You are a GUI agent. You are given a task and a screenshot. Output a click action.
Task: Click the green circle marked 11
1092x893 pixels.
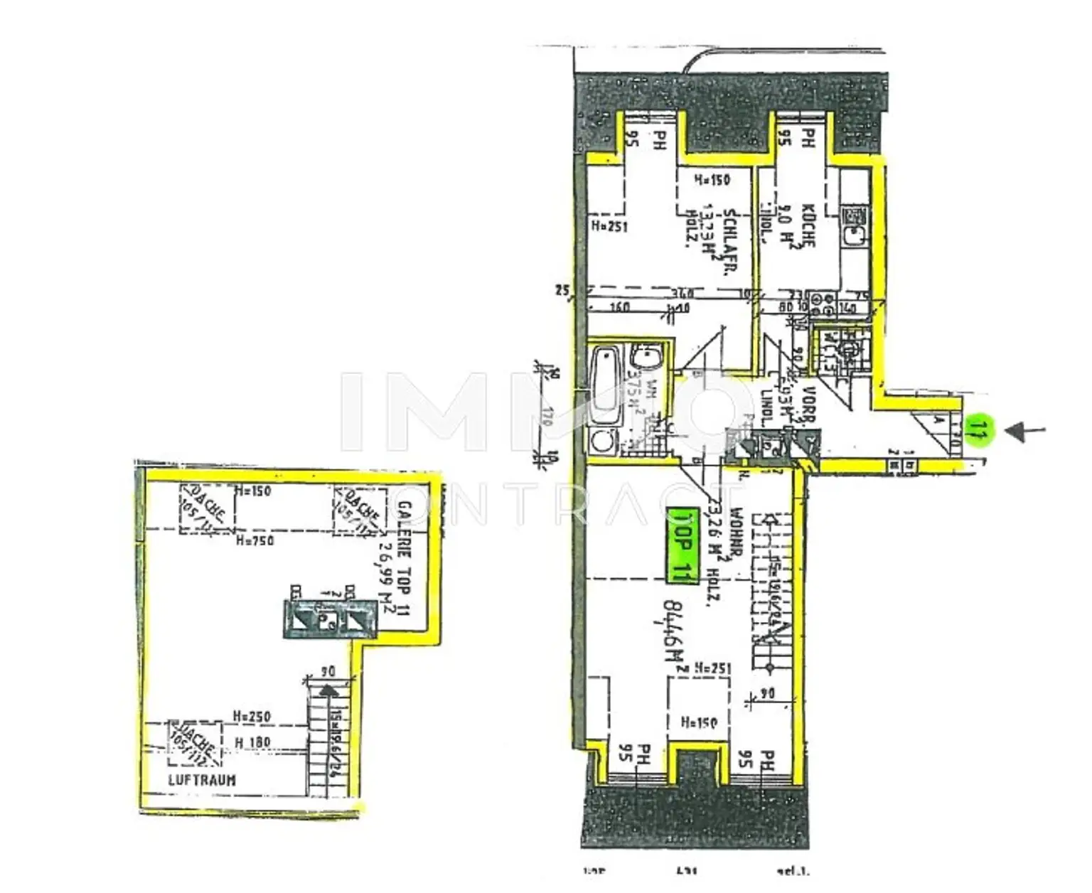[979, 429]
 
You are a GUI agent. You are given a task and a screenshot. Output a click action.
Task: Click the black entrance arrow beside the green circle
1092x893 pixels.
[1027, 430]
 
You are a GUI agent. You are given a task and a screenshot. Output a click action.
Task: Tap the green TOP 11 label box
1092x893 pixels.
[682, 545]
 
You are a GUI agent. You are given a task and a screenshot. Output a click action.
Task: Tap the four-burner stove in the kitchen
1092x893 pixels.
[823, 304]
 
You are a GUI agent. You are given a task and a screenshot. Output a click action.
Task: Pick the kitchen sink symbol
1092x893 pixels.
[852, 226]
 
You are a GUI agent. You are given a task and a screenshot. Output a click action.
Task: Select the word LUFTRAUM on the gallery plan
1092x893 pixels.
[202, 779]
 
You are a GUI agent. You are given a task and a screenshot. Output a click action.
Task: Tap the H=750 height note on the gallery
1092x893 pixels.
[255, 541]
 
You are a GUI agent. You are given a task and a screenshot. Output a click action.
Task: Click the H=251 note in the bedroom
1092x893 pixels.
[609, 227]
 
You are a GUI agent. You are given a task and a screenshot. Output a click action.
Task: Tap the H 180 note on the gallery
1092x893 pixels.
[252, 742]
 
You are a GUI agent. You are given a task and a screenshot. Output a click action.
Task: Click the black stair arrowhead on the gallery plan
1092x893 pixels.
[328, 689]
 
